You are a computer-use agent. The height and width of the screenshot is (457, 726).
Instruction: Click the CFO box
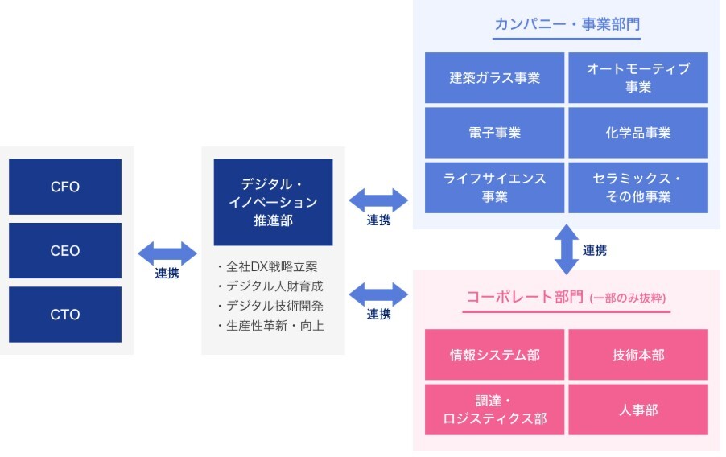tap(65, 187)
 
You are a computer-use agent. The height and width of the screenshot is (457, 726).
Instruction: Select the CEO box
tap(65, 250)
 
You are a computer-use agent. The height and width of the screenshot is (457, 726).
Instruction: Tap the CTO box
tap(65, 315)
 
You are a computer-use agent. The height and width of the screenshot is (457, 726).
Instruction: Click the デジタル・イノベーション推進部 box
tap(273, 202)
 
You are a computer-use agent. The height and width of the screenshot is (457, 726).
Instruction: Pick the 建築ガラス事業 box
tap(494, 77)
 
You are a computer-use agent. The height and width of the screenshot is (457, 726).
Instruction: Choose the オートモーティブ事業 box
tap(638, 77)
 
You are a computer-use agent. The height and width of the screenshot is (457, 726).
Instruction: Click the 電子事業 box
tap(494, 133)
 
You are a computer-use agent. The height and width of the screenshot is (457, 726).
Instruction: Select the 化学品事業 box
tap(638, 133)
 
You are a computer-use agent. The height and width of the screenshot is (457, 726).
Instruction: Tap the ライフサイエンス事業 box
tap(494, 187)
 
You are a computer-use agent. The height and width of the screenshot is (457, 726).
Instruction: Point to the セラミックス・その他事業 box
tap(638, 187)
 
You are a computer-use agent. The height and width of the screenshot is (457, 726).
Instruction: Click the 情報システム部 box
tap(494, 355)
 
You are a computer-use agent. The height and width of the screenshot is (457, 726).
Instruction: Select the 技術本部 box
tap(638, 355)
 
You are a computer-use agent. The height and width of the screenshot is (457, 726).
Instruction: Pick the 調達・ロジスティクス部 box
tap(494, 410)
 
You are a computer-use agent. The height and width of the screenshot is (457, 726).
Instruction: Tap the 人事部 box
tap(638, 410)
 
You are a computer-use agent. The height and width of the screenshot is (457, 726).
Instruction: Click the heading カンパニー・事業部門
tap(567, 23)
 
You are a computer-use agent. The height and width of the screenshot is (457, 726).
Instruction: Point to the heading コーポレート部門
tap(525, 297)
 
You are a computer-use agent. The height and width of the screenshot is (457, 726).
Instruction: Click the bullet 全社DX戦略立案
tap(267, 266)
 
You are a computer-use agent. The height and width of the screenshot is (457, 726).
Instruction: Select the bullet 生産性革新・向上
tap(271, 326)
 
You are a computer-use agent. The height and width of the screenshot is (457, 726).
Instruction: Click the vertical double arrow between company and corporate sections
tap(567, 249)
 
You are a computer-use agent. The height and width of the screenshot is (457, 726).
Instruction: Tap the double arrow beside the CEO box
tap(167, 253)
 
